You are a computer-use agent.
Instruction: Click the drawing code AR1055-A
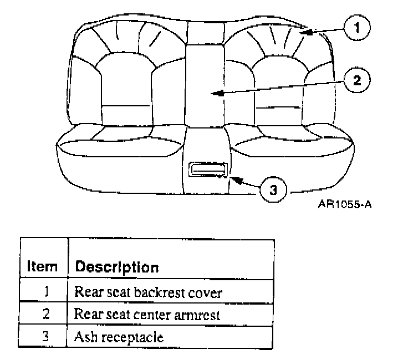[x=344, y=204]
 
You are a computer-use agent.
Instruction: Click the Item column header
[x=43, y=267]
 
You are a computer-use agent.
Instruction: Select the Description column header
[x=117, y=267]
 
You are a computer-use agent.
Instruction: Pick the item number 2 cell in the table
[x=47, y=314]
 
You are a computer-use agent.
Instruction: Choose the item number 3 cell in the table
[x=47, y=336]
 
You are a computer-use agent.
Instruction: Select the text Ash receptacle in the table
[x=119, y=337]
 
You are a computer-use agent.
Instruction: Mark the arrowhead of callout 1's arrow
[x=303, y=33]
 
